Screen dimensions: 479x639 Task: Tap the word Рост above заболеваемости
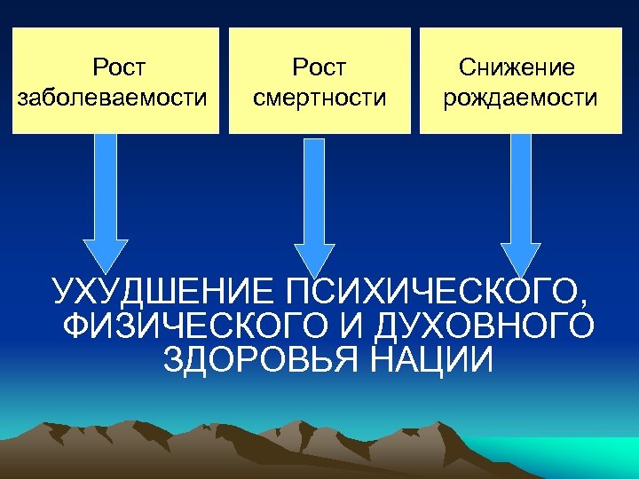click(x=119, y=67)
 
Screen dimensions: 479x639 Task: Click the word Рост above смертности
click(x=319, y=67)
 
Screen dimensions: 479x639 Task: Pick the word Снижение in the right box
click(x=517, y=67)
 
